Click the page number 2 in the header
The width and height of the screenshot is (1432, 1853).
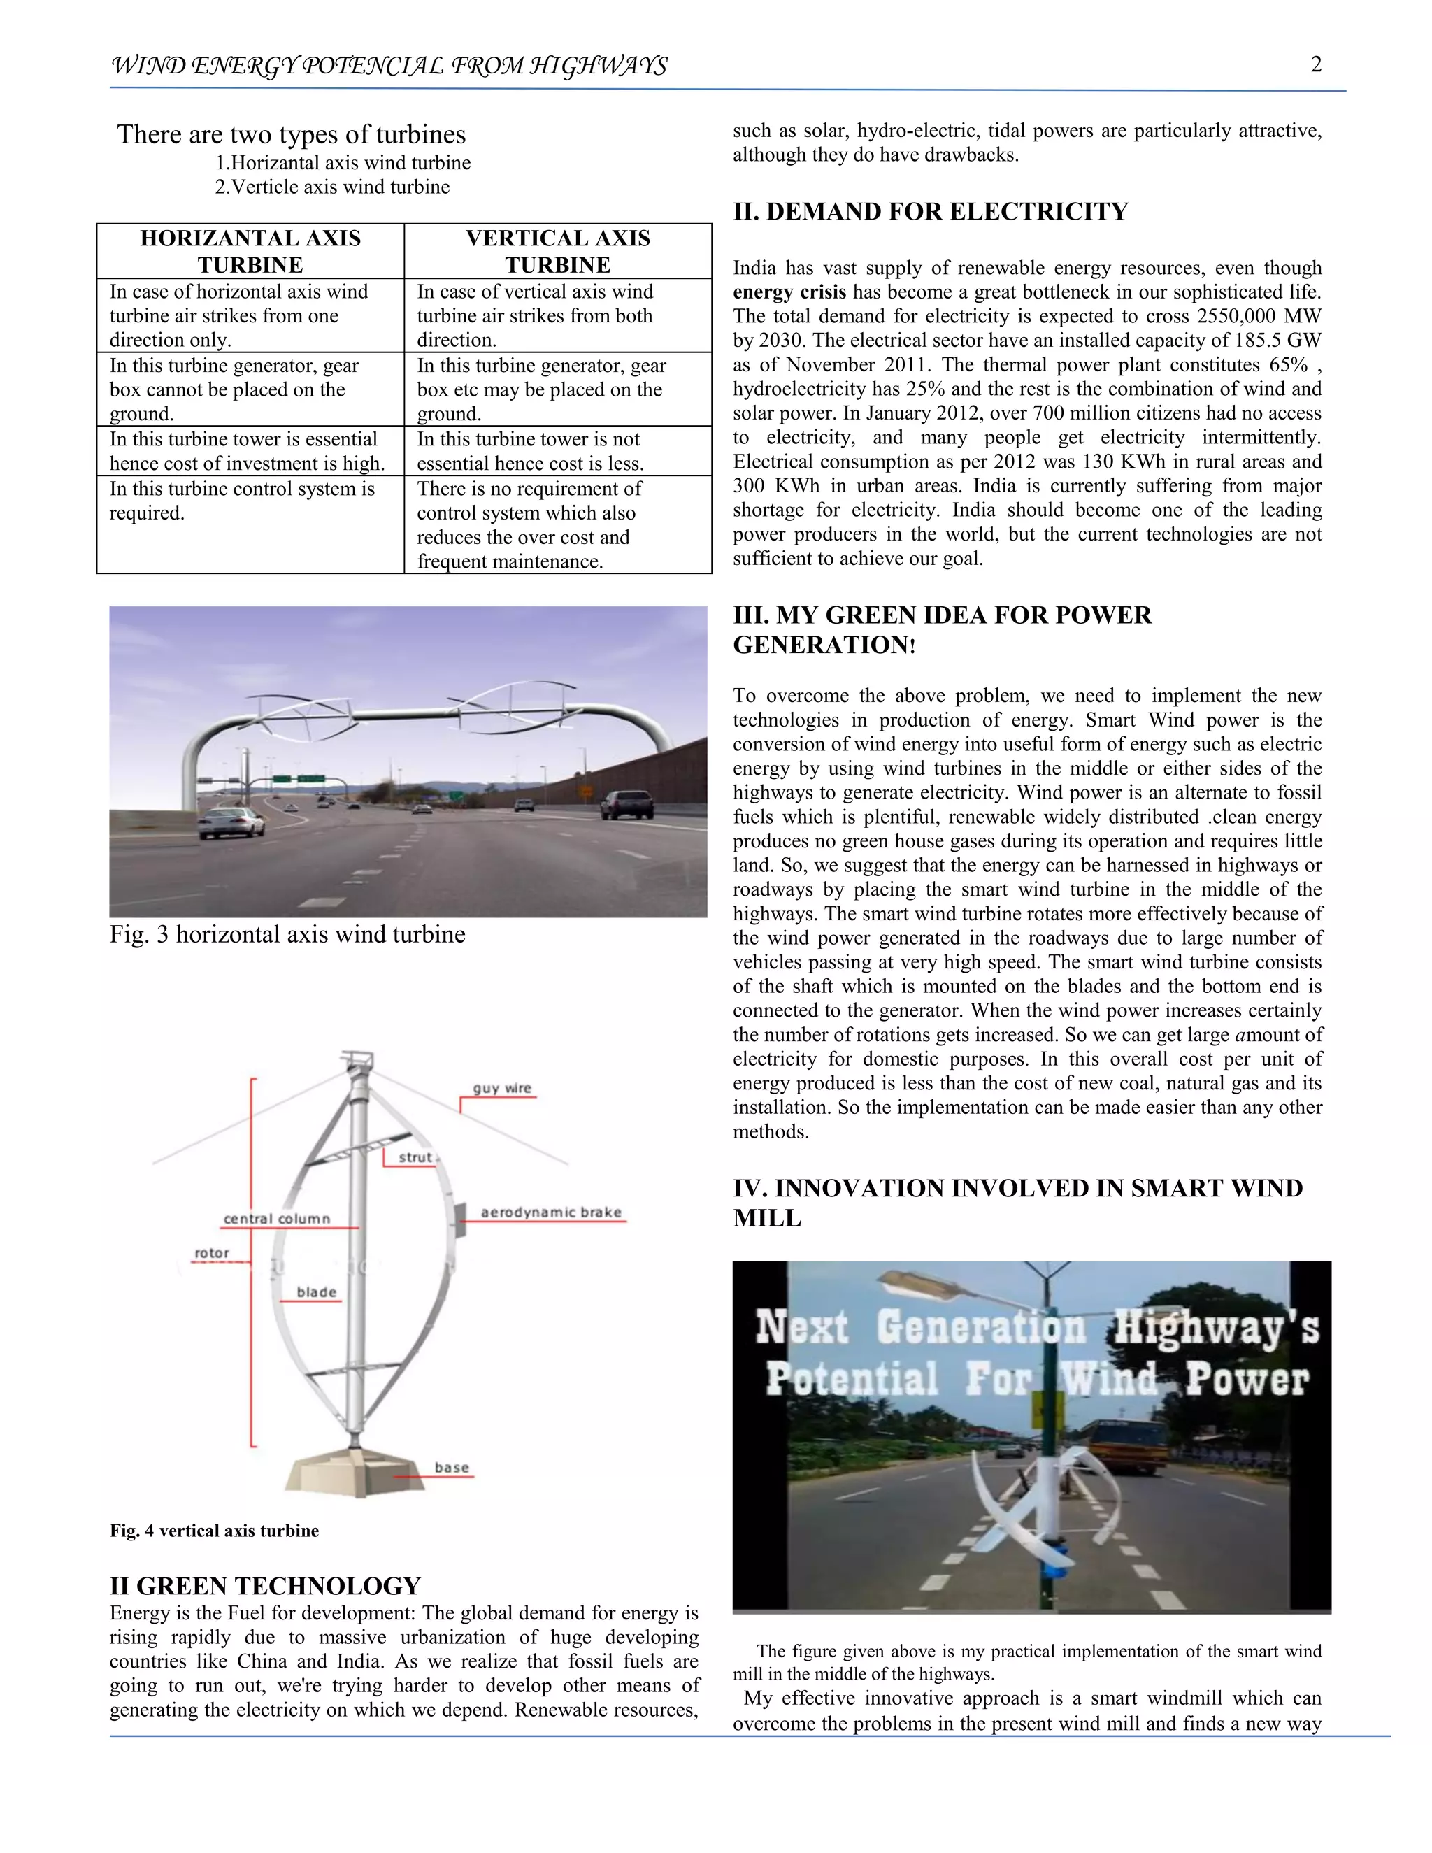tap(1316, 64)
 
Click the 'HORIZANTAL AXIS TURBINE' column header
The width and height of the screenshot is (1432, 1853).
tap(250, 251)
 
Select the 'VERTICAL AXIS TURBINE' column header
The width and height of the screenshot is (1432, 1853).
tap(557, 251)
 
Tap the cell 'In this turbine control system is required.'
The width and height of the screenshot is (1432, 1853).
tap(242, 501)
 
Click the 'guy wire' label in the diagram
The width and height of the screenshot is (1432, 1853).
tap(501, 1088)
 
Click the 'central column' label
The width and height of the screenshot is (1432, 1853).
tap(277, 1218)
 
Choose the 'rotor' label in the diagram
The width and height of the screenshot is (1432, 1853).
tap(212, 1253)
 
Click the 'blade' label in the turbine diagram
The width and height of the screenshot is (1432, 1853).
tap(317, 1292)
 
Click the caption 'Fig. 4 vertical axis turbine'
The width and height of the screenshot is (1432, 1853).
tap(214, 1531)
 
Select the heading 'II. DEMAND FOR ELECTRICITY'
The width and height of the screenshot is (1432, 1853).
tap(931, 212)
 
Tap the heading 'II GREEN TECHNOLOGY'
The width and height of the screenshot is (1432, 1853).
tap(265, 1586)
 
